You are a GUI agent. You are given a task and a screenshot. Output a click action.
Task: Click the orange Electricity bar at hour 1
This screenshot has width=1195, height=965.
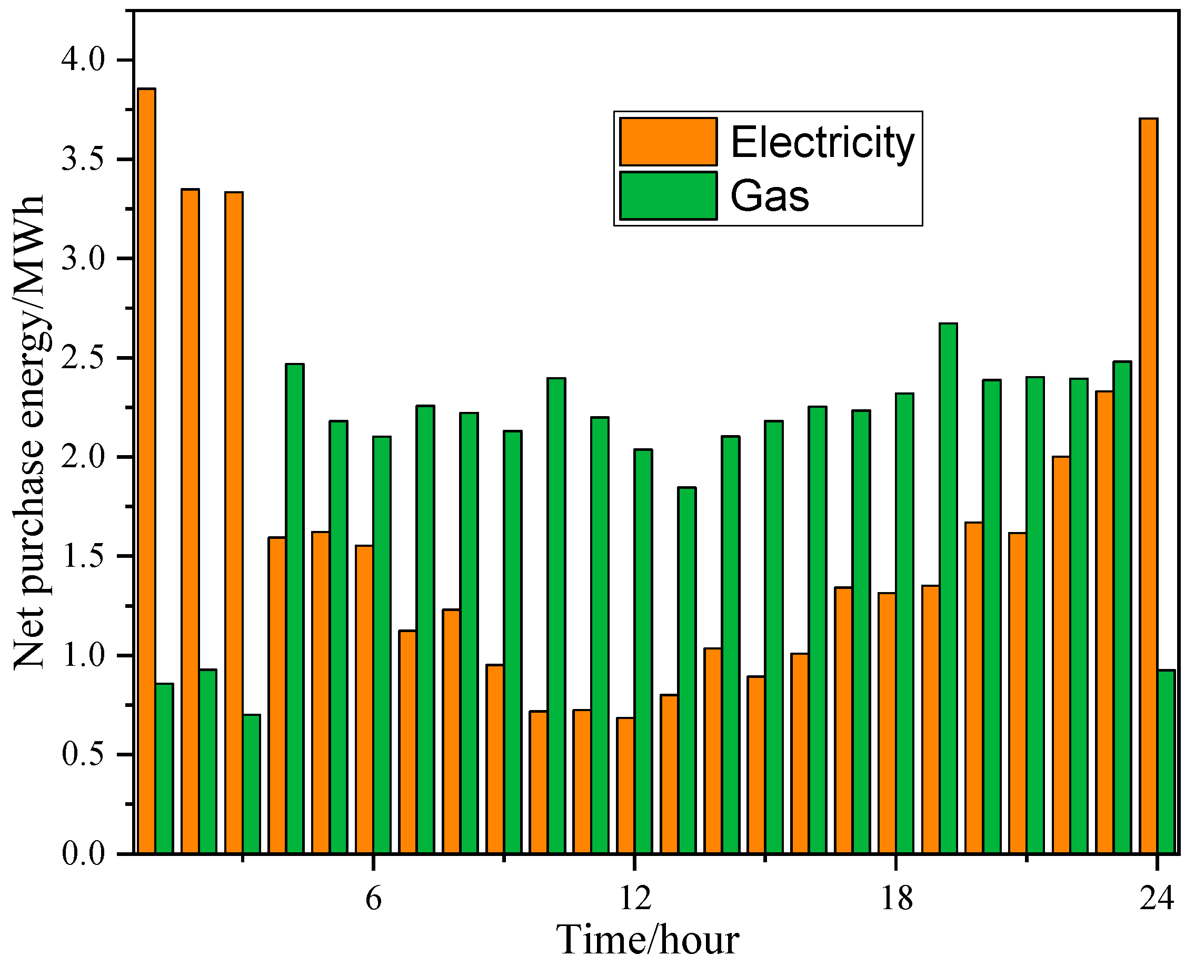(x=147, y=472)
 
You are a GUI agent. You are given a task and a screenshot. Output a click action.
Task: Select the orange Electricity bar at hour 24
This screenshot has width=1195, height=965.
(x=1148, y=489)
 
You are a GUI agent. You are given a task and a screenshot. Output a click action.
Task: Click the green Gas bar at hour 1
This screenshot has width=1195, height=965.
(x=164, y=770)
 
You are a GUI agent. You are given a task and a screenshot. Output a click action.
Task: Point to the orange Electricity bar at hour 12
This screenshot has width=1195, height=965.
(x=625, y=787)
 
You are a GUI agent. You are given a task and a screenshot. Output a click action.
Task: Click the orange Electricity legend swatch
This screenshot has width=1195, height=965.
(x=668, y=142)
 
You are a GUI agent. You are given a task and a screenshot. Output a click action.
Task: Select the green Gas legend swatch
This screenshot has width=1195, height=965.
(x=668, y=195)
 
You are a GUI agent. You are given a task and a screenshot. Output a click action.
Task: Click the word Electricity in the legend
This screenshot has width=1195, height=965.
(x=822, y=143)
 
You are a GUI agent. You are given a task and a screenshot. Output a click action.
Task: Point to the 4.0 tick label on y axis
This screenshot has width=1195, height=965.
(x=83, y=60)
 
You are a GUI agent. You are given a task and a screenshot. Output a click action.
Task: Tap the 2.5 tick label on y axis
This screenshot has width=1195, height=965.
(x=83, y=358)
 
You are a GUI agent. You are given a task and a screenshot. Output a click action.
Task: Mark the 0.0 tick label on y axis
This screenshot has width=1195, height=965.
(x=83, y=853)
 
